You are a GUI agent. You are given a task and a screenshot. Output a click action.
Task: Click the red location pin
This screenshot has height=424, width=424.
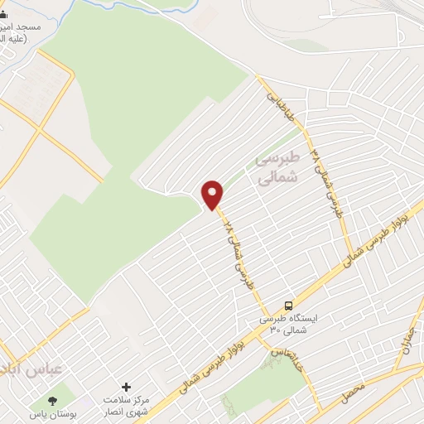coord(214,194)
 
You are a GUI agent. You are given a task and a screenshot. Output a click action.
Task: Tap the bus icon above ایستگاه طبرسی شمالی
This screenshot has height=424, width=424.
coord(288,305)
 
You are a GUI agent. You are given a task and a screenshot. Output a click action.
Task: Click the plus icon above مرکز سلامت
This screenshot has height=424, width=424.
coord(126,387)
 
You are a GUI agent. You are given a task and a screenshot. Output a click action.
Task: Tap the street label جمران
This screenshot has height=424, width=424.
coord(406,334)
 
